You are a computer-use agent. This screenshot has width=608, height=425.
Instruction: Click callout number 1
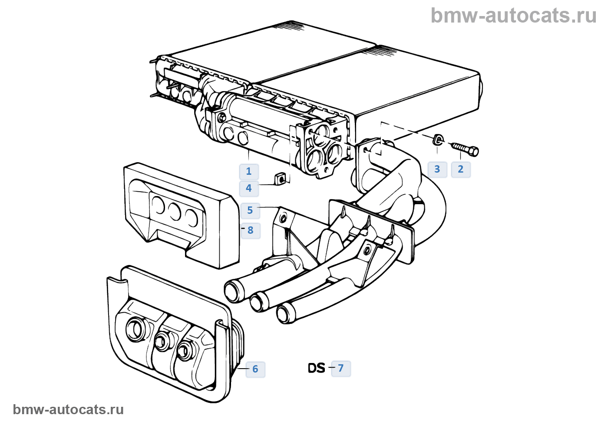click(249, 171)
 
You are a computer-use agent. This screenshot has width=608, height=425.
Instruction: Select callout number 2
click(461, 169)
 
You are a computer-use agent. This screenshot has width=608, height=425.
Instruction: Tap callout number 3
click(437, 169)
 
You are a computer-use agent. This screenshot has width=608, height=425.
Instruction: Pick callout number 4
click(249, 188)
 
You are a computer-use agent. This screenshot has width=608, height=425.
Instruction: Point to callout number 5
click(250, 210)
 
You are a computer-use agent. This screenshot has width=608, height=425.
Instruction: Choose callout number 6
click(255, 369)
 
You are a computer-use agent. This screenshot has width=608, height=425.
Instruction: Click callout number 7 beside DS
click(341, 368)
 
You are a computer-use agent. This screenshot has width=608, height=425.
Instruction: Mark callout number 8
click(251, 230)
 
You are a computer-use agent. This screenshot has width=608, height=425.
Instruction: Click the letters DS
click(317, 368)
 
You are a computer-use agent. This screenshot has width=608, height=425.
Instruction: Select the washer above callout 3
click(438, 140)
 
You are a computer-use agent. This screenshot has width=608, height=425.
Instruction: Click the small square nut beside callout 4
click(281, 178)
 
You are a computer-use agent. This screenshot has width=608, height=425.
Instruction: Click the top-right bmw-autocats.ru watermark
click(514, 16)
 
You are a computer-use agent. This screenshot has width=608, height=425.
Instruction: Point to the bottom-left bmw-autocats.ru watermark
click(69, 409)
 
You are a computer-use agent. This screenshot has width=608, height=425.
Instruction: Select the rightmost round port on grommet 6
click(185, 350)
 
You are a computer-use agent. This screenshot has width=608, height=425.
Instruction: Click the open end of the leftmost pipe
click(233, 291)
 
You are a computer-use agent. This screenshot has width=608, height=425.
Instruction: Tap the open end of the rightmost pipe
click(284, 313)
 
